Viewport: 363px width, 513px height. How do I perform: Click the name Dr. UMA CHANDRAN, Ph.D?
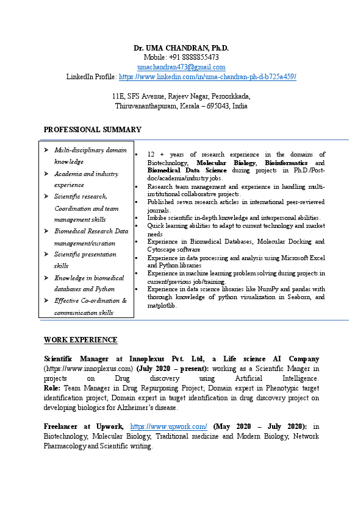tap(181, 48)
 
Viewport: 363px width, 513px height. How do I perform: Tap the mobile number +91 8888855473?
tap(194, 57)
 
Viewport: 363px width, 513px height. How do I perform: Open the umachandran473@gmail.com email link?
tap(181, 67)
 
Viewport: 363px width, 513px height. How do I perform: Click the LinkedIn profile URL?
tap(207, 77)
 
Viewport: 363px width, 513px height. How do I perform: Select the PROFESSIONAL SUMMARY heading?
tap(93, 130)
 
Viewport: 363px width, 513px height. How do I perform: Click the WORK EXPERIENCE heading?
tap(81, 340)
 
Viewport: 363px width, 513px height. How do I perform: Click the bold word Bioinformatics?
tap(286, 163)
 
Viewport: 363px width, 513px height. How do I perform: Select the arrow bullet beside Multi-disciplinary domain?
tap(47, 150)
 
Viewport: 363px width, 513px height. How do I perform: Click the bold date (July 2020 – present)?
tap(173, 369)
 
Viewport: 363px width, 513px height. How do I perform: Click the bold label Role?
tap(52, 388)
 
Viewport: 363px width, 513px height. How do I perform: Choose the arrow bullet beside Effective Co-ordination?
tap(47, 300)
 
